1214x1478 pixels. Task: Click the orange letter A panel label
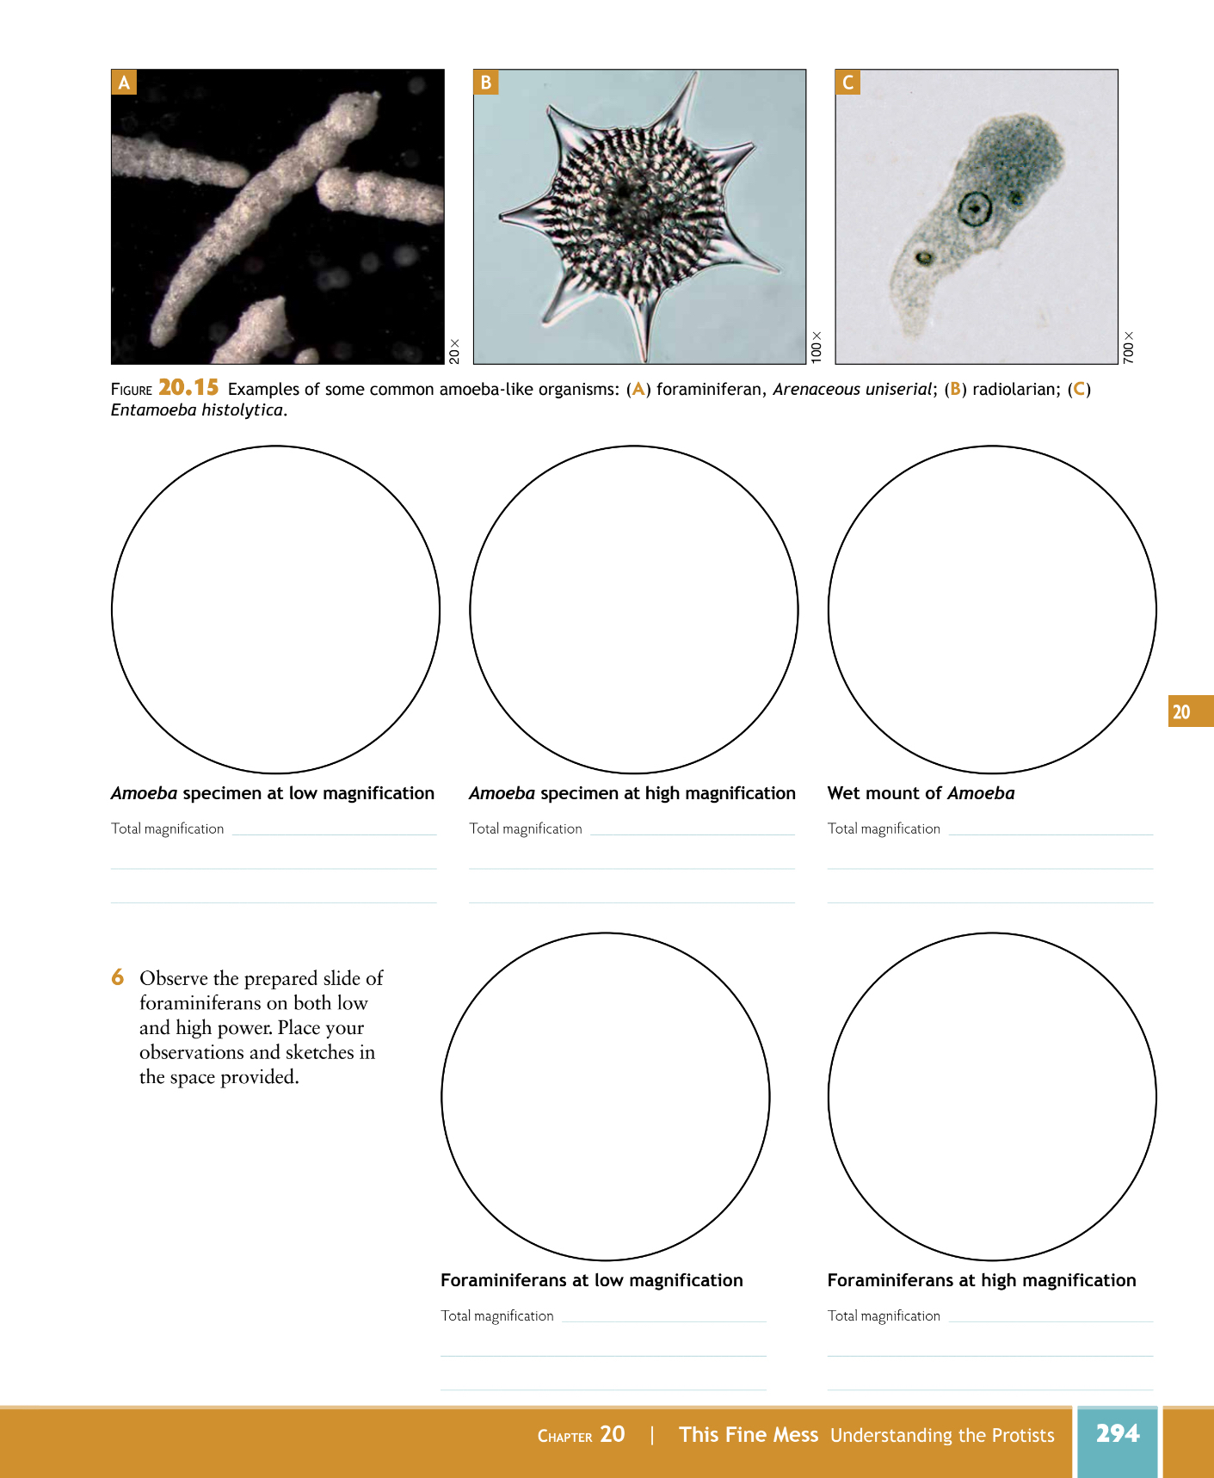124,83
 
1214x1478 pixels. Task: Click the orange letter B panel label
486,83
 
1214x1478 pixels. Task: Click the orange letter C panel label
847,83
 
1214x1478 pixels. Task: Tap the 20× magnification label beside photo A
454,351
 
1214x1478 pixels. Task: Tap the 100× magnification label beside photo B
817,347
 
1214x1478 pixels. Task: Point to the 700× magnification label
1128,348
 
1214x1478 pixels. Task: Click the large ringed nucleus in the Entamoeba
975,207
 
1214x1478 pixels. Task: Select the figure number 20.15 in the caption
188,388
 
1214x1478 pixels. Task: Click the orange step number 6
118,977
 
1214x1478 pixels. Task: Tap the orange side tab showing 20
1181,711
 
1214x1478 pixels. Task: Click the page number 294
1117,1433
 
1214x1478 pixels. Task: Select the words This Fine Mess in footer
749,1434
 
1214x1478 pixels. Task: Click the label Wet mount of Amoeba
921,793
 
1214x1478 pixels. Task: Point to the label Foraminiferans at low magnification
591,1280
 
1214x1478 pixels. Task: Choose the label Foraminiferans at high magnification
981,1280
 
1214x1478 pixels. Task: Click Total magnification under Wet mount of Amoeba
884,828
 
